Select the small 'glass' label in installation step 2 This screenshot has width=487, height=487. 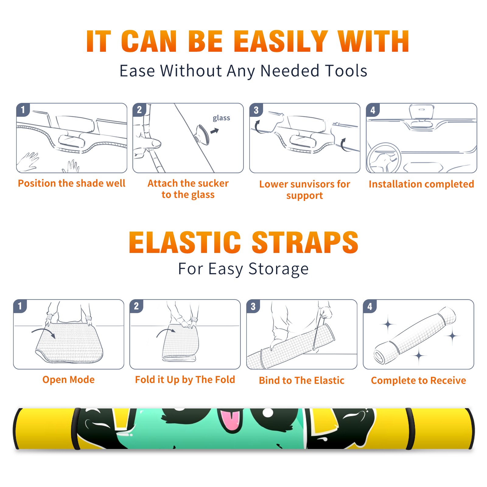(221, 118)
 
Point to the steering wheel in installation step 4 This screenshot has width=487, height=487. (384, 158)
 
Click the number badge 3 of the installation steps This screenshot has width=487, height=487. (256, 110)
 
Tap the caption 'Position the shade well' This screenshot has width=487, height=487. (72, 183)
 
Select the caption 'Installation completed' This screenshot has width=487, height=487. (421, 184)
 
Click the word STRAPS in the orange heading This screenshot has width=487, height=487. (305, 242)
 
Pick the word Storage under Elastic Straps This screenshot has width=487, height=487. (278, 269)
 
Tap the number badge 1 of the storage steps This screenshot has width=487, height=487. (20, 306)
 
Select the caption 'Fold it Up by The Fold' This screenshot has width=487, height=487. (185, 380)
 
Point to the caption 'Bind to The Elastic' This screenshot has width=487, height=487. (302, 380)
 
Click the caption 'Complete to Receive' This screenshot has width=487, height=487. (419, 380)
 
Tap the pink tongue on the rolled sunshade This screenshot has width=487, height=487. (230, 421)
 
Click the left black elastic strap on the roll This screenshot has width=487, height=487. (76, 429)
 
